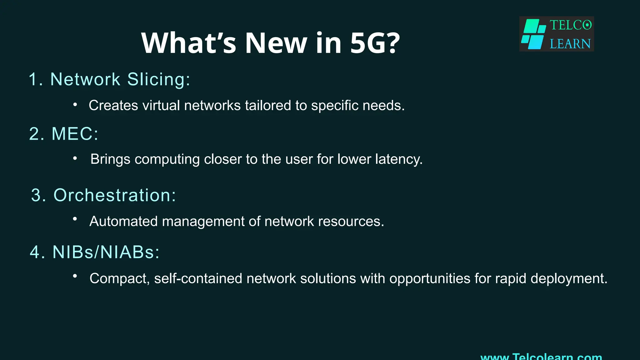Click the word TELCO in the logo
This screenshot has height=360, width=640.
point(570,25)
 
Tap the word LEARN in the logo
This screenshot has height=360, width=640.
point(570,44)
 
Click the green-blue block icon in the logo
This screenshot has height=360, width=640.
point(534,34)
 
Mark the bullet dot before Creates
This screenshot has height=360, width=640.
point(75,105)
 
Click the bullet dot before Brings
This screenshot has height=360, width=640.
point(75,158)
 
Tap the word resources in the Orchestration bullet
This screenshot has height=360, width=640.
point(351,222)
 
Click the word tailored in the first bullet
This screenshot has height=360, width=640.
point(268,106)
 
